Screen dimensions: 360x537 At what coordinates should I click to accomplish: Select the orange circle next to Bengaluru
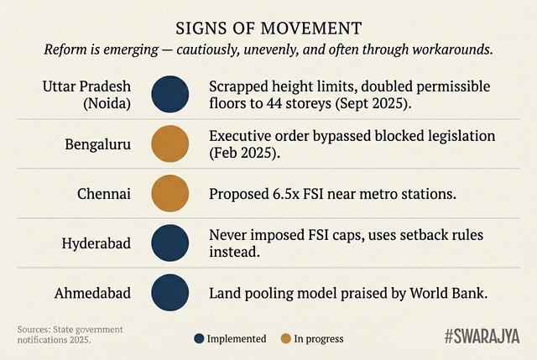169,143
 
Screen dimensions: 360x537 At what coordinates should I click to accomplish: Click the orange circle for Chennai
169,193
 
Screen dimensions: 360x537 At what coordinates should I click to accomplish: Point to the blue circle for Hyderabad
169,243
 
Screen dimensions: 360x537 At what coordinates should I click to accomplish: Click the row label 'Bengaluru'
97,143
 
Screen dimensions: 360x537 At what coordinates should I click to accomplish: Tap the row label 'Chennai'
104,194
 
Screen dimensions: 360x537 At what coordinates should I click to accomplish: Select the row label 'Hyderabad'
96,243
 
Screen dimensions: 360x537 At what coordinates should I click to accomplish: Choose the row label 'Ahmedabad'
93,294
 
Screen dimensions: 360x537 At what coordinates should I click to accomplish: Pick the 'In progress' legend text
318,339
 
